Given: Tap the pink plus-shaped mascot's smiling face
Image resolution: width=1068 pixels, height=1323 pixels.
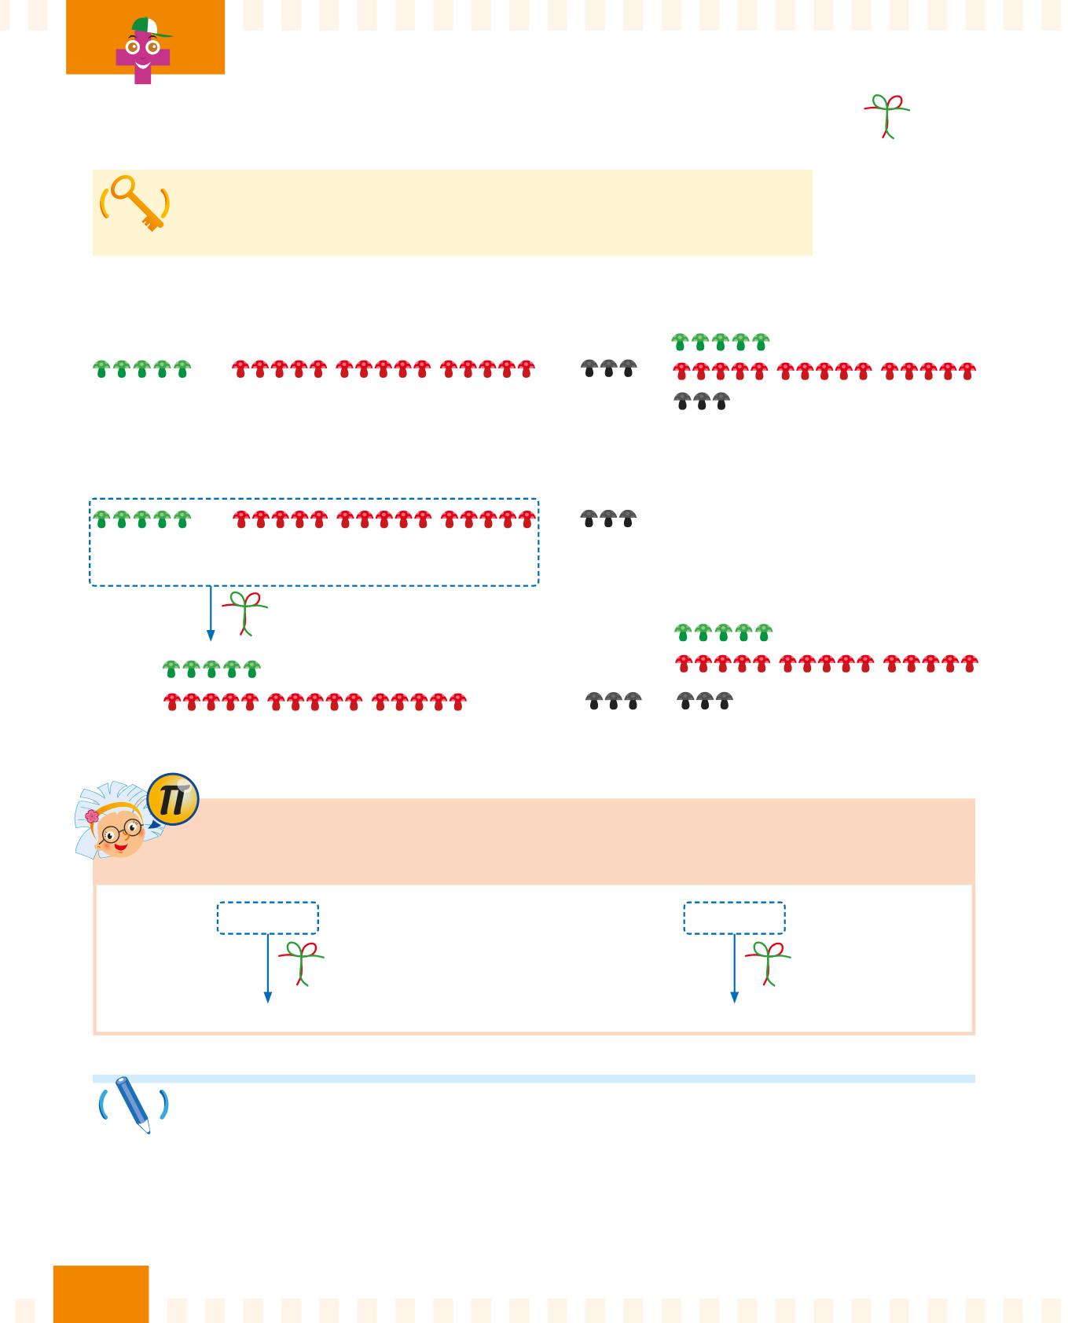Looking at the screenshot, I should (142, 53).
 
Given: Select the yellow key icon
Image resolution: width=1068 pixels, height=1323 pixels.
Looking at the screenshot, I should (135, 203).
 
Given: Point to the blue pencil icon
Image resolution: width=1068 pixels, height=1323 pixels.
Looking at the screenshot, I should (133, 1105).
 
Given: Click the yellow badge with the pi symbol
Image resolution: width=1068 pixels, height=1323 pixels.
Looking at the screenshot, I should (173, 800).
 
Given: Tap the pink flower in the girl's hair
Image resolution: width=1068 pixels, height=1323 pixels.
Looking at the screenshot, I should (92, 816).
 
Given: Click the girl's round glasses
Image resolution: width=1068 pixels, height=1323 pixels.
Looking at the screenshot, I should (122, 832).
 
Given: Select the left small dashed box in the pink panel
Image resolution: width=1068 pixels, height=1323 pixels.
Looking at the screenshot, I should (267, 918).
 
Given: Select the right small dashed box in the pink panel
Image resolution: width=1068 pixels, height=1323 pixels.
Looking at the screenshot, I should (734, 918).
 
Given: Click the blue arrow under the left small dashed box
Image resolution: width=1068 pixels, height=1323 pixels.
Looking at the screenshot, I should (268, 969).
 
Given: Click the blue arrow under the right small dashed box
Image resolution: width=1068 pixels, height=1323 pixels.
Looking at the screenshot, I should (735, 969).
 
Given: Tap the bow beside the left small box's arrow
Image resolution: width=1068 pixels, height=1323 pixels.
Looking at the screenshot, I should (301, 962).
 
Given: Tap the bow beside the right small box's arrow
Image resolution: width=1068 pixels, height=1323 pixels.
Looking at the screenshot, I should (768, 962).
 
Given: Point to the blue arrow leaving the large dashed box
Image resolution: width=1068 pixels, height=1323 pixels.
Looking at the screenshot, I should (211, 614).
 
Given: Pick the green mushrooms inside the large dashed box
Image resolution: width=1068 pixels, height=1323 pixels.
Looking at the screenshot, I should (141, 519).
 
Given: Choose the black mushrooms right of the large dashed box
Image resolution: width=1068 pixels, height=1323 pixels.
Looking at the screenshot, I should (608, 519).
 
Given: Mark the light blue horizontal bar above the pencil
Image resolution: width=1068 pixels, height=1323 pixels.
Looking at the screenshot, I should (534, 1079).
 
